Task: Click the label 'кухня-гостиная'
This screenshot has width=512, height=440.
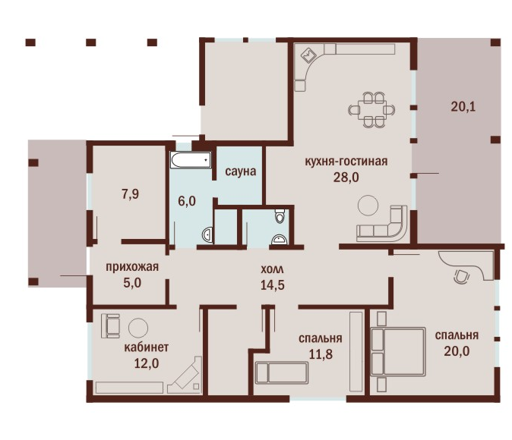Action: click(x=346, y=162)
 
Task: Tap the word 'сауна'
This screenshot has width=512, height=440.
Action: click(x=240, y=171)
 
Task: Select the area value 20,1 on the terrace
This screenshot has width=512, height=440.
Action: click(x=463, y=107)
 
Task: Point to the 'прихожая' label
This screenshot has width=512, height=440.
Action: click(x=132, y=267)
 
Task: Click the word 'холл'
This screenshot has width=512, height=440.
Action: click(x=272, y=270)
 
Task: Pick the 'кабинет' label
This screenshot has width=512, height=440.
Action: click(x=147, y=347)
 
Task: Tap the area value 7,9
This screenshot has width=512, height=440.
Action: click(x=131, y=194)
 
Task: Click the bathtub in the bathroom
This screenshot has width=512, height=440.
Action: click(x=191, y=160)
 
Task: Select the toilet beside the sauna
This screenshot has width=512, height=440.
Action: click(x=280, y=215)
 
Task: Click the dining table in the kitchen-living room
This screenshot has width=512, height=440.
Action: click(x=371, y=110)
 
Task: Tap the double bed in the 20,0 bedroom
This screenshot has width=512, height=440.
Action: click(x=398, y=352)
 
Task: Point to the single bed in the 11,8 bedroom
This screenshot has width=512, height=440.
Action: click(x=281, y=372)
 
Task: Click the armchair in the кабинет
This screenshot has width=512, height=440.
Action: click(x=110, y=326)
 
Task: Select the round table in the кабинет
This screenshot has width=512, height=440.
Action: click(x=138, y=328)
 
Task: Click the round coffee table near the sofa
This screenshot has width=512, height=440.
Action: click(x=368, y=205)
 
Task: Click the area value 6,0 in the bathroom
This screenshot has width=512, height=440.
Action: click(x=187, y=201)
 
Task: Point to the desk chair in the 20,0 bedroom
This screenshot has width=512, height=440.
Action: click(x=460, y=276)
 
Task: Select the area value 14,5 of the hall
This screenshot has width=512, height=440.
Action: click(x=272, y=285)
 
